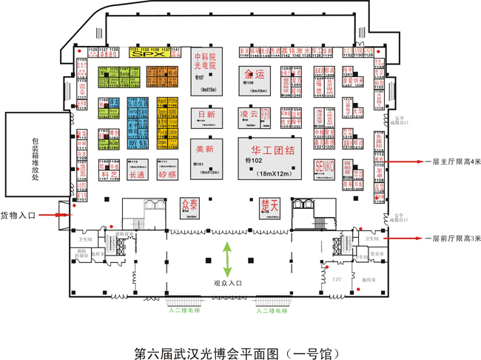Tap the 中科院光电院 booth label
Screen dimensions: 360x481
coord(205,61)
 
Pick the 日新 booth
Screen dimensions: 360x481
coord(206,115)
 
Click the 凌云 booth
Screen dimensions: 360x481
coord(249,114)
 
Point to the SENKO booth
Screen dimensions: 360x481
coord(325,164)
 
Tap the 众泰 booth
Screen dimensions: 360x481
coord(189,202)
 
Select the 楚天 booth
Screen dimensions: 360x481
coord(269,202)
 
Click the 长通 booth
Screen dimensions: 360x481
coord(138,176)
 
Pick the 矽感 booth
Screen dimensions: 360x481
coord(167,176)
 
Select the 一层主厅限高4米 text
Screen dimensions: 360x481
coord(454,161)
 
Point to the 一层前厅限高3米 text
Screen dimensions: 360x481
coord(454,238)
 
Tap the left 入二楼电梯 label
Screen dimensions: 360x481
coord(184,311)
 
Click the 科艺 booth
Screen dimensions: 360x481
coord(110,176)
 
